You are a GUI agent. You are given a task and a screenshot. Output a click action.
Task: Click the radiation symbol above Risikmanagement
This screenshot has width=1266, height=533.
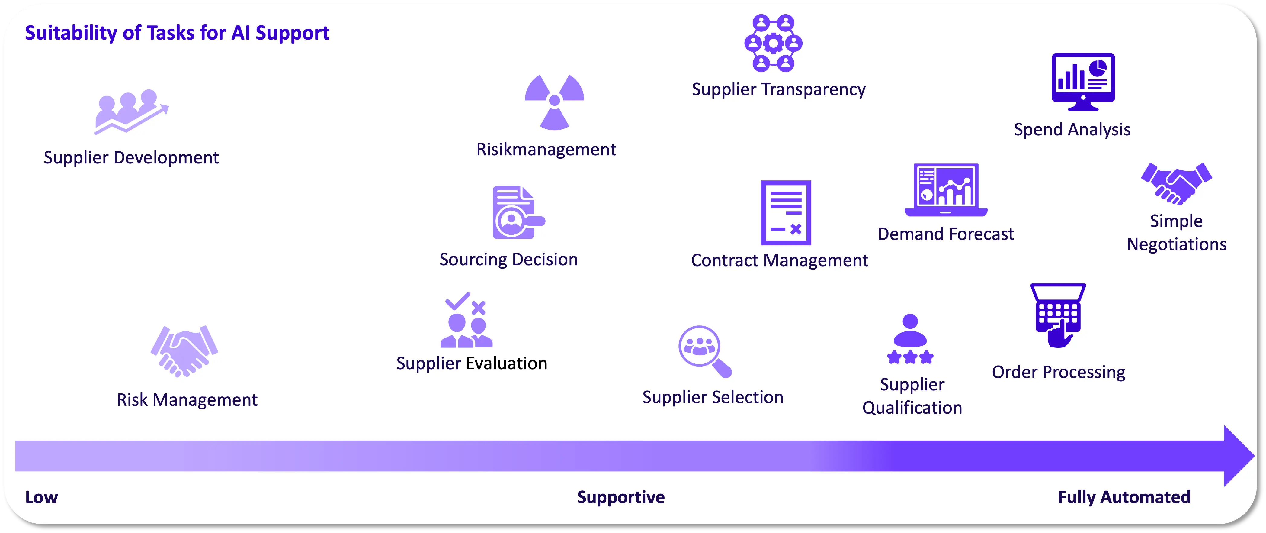(x=554, y=102)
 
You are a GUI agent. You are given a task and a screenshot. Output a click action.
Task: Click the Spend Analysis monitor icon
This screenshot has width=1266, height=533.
(x=1083, y=82)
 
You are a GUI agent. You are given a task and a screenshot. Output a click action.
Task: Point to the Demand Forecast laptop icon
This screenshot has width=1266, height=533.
(x=946, y=190)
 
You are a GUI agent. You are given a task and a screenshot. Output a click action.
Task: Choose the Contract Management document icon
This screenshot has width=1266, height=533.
(x=786, y=212)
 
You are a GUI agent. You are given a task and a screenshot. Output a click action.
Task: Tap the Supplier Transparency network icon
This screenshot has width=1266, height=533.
(x=773, y=43)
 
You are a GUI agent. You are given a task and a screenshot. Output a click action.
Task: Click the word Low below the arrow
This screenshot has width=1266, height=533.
(x=42, y=497)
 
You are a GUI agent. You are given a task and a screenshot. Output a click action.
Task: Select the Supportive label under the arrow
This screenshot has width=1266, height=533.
(x=621, y=497)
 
